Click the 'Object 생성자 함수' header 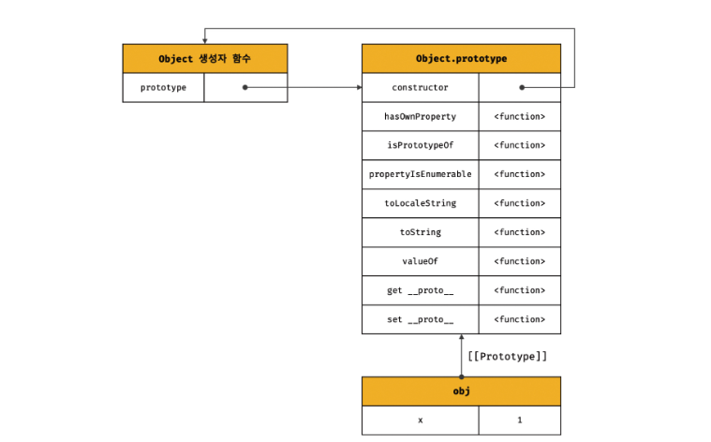pos(205,58)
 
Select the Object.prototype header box pos(461,58)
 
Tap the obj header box pos(461,391)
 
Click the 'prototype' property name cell pos(163,87)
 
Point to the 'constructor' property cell pos(421,87)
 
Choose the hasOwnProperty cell pos(421,116)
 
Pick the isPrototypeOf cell pos(421,145)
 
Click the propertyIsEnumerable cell pos(421,174)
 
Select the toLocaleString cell pos(421,203)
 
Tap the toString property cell pos(421,232)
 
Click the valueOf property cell pos(421,261)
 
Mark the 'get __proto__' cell pos(421,290)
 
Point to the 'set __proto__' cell pos(421,319)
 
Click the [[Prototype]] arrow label pos(508,357)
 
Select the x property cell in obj pos(421,420)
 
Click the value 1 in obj pos(520,420)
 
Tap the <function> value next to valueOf pos(520,261)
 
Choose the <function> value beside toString pos(520,232)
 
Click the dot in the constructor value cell pos(522,87)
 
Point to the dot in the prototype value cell pos(244,87)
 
